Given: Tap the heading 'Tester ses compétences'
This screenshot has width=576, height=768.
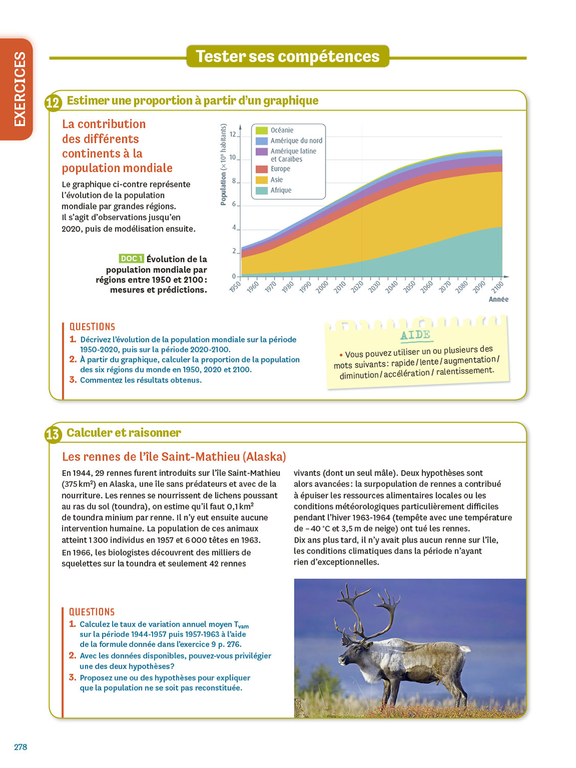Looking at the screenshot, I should pos(288,56).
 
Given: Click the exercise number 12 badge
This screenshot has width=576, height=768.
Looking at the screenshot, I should pos(53,102).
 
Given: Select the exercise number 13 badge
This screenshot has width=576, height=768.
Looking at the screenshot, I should pos(53,434).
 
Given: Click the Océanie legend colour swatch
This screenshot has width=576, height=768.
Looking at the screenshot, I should pos(262,131).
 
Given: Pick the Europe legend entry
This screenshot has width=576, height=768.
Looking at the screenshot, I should pos(280,169).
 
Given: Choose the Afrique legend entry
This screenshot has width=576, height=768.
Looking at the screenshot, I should pos(281,190).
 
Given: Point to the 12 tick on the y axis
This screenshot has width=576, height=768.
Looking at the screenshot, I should pos(233,135).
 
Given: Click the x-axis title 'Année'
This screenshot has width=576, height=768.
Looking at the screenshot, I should pos(498,300).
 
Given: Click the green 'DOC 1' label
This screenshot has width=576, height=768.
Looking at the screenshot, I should pos(131,259).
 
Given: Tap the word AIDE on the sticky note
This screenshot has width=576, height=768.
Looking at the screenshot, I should pos(415,335).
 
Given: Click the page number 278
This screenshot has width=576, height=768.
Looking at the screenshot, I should pos(20,747).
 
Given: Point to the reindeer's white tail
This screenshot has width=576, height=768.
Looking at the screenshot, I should pos(464,649).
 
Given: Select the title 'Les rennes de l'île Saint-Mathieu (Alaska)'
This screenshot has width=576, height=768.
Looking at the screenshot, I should pos(174,457).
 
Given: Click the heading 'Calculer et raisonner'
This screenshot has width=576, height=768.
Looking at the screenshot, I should pos(123,433).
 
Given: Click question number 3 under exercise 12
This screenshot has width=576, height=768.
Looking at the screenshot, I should pos(73,380).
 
